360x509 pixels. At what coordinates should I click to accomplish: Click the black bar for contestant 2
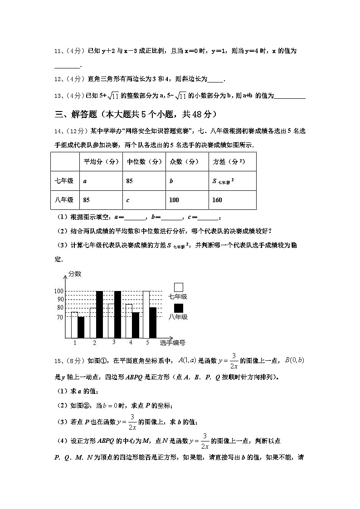pos(99,314)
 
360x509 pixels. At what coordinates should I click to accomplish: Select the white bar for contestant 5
pos(146,314)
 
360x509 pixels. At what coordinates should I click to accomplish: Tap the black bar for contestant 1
pos(81,327)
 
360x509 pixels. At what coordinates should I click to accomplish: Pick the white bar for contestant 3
pos(111,320)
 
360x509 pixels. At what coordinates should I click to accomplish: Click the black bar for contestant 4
pos(136,325)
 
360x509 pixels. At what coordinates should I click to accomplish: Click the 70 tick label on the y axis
pos(60,318)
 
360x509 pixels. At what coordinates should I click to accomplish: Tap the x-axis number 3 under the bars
pos(114,342)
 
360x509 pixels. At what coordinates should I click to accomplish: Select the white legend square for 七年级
pos(179,287)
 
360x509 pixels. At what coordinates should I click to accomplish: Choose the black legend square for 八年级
pos(179,308)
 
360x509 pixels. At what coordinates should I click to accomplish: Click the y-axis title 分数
pos(75,274)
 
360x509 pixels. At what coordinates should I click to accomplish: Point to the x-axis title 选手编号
pos(172,342)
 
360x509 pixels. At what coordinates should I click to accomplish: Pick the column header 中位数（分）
pos(144,162)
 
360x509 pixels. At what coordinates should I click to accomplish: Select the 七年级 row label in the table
pos(64,181)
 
